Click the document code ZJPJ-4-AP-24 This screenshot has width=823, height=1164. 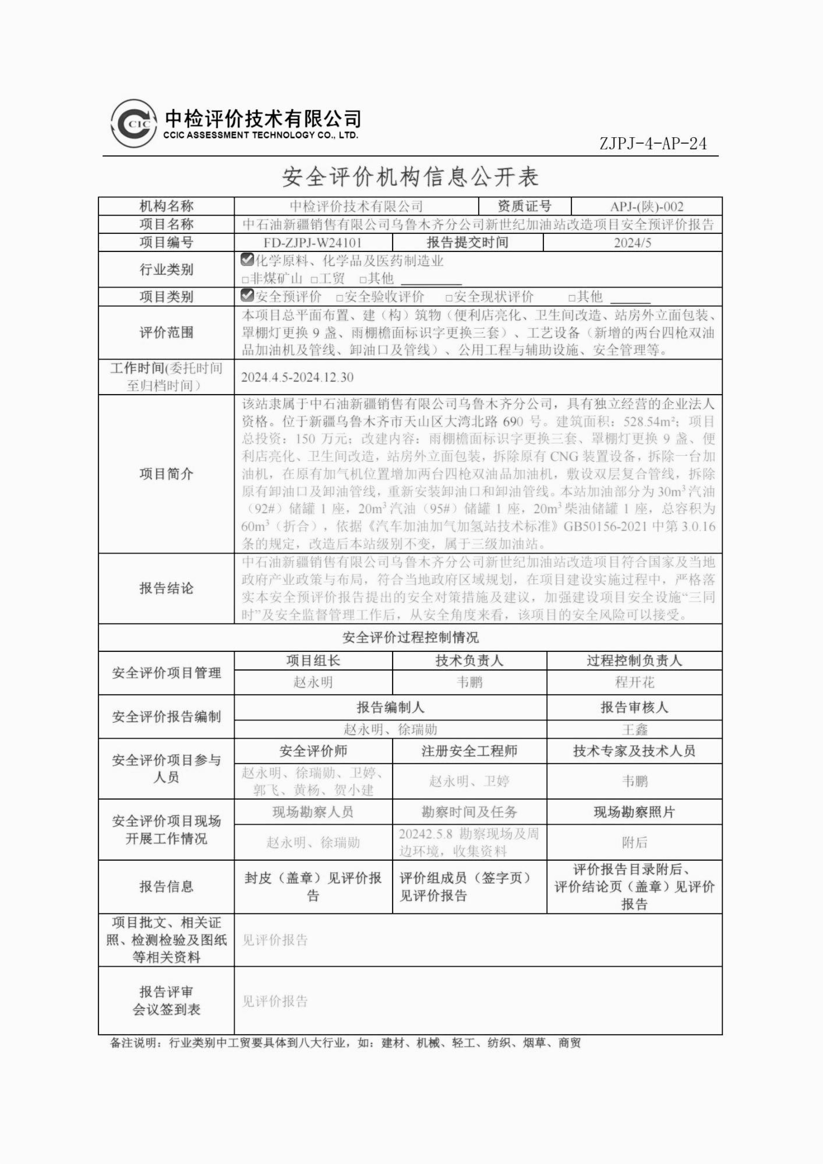[653, 144]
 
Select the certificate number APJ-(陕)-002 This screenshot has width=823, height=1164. [647, 206]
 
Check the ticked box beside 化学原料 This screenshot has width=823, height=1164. [247, 260]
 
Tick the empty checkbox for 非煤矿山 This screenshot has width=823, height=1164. [245, 279]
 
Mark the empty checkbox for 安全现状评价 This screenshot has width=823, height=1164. [449, 298]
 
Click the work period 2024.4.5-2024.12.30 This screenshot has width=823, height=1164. [297, 377]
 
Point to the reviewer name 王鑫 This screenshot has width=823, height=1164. [634, 729]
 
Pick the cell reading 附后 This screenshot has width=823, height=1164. [634, 843]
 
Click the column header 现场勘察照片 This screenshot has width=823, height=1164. [634, 812]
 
